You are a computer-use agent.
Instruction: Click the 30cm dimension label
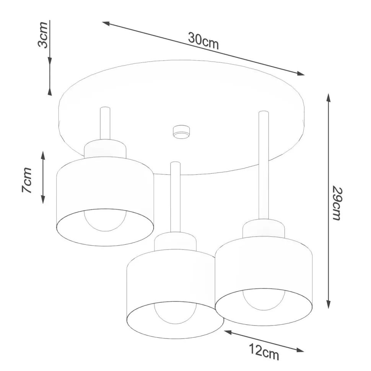(203, 41)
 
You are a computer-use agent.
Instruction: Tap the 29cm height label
(336, 203)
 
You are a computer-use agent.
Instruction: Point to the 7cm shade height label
(27, 180)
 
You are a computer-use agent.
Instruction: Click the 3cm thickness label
(43, 35)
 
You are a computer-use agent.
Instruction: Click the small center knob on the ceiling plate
(181, 131)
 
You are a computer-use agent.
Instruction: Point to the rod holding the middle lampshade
(175, 197)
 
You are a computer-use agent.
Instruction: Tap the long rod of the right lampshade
(264, 164)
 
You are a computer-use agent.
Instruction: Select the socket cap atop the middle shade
(175, 241)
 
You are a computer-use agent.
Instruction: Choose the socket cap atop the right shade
(264, 228)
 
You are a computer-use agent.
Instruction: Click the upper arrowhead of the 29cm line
(328, 98)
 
